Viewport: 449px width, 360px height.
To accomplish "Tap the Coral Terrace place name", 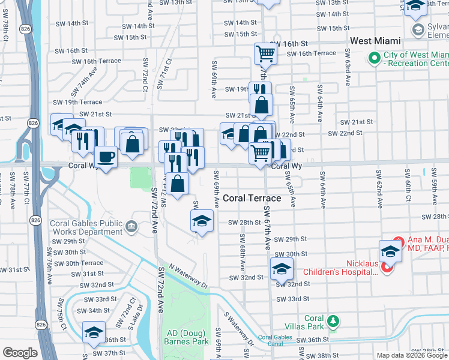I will (x=252, y=198).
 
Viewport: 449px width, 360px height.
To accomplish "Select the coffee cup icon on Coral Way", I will (x=106, y=157).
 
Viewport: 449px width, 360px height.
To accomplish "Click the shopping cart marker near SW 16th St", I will (x=265, y=54).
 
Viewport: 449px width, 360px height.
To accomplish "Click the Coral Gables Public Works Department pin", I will (x=131, y=226).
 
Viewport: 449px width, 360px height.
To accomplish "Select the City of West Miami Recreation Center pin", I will (x=375, y=58).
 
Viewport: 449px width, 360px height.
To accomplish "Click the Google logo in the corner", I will (x=20, y=353).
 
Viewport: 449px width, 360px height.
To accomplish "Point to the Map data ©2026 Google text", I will (x=412, y=355).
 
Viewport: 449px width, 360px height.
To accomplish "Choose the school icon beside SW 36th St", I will (x=94, y=332).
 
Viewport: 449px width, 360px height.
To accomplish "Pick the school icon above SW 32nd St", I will (x=281, y=269).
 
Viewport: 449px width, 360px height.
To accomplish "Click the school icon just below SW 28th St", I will (x=202, y=221).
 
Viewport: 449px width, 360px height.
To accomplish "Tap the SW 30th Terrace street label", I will (x=84, y=263).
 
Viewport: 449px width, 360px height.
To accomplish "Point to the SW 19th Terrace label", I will (x=77, y=102).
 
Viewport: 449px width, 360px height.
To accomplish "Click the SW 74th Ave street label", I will (x=89, y=79).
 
